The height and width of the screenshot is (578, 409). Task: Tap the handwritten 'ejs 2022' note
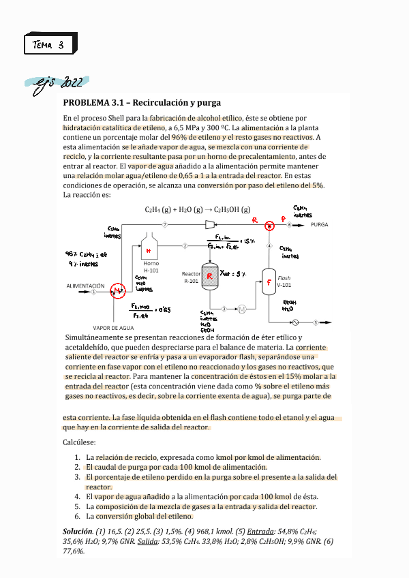59,84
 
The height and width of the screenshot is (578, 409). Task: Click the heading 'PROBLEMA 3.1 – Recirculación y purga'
142,103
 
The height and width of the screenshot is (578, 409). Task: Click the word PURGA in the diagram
319,224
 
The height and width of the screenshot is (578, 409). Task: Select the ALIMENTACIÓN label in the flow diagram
85,286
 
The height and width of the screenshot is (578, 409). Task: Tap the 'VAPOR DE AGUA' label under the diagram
112,327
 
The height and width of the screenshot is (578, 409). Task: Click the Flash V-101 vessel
269,281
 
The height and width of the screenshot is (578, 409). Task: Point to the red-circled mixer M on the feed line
117,291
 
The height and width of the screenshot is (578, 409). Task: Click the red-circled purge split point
269,224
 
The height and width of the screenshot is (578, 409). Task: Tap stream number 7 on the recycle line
164,224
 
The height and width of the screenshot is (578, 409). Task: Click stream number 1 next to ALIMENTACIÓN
93,292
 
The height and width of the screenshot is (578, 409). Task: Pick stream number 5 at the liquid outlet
316,322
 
